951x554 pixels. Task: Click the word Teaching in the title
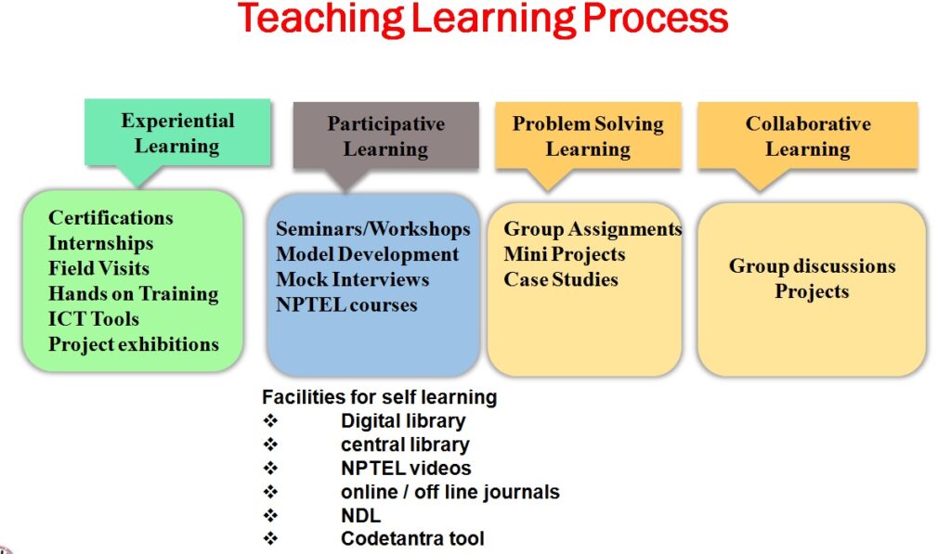320,19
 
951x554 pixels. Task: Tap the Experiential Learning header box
177,132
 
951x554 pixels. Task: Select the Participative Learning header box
385,135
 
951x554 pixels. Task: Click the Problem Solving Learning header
588,135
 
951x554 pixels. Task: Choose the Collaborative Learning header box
807,135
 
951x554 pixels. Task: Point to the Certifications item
111,217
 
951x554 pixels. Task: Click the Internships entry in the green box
100,243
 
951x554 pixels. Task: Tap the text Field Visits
98,268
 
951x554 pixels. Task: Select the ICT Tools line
94,319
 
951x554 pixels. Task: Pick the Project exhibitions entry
134,344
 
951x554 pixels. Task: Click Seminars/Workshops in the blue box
373,228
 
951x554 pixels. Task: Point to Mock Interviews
352,279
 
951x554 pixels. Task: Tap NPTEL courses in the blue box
346,304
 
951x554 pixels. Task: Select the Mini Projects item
564,254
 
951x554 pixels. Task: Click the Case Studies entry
561,279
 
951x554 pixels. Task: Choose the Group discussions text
812,266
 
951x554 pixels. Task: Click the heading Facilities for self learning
380,397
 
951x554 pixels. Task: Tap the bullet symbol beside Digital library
270,420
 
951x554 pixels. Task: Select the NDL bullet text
361,515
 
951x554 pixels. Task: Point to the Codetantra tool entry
412,538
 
